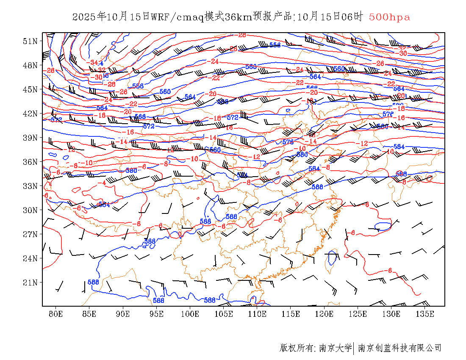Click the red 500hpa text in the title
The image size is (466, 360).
(x=389, y=17)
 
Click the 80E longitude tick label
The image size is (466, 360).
(x=56, y=314)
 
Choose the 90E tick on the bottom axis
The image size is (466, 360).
(x=123, y=314)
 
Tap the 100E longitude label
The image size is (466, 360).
(x=190, y=314)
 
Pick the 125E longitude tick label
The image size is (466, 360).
(x=358, y=314)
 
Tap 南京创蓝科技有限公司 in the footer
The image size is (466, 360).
(x=399, y=348)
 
